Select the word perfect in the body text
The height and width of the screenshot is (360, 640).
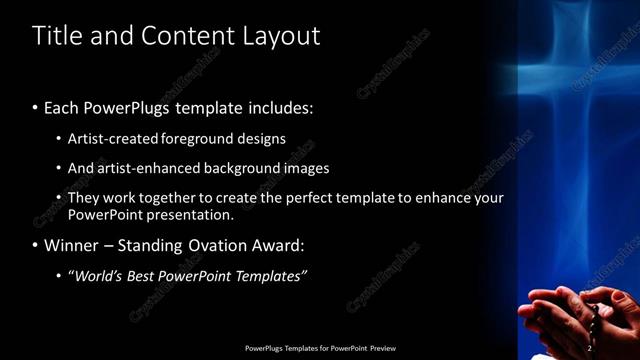(343, 198)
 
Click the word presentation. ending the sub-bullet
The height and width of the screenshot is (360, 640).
(189, 214)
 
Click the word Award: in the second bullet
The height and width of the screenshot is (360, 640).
(278, 245)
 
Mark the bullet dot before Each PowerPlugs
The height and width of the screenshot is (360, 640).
(36, 107)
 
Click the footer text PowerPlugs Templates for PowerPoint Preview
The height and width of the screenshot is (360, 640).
(320, 348)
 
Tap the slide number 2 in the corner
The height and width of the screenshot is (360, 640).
(589, 348)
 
